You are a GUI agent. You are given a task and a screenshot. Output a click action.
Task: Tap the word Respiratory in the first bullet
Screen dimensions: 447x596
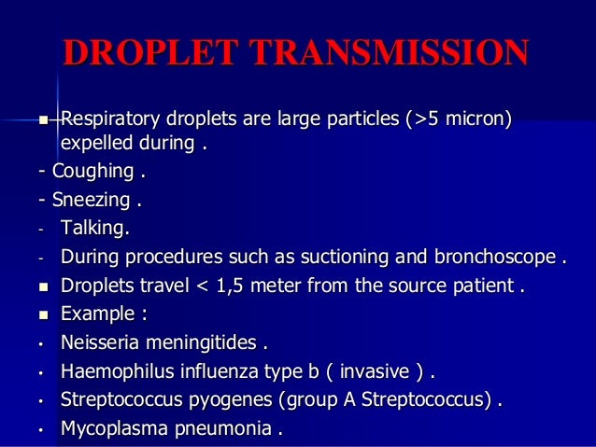(x=112, y=120)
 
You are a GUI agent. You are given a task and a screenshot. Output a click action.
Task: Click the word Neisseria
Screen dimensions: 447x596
(x=103, y=343)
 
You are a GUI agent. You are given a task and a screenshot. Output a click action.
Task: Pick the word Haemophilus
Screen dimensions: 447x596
(x=117, y=372)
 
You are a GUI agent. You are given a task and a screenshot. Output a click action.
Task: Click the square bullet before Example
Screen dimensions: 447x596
(x=42, y=314)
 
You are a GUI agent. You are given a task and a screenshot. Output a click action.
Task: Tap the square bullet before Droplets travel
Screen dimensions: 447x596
(x=42, y=286)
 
